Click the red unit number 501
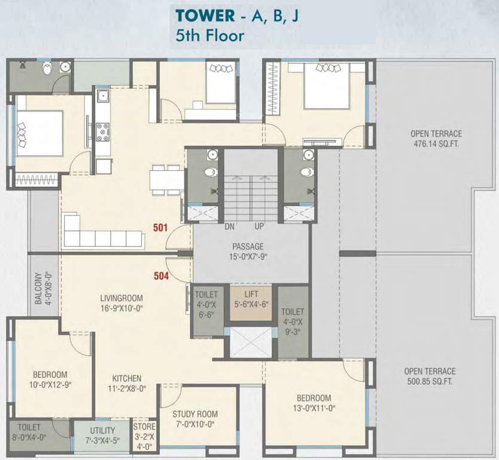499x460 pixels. point(160,228)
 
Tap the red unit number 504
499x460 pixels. point(162,276)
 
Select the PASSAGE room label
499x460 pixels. point(248,247)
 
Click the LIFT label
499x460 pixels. point(251,294)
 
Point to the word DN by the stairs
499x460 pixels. point(229,226)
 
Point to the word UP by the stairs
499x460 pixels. point(259,226)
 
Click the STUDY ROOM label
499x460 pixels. point(195,414)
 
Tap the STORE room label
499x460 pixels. point(144,426)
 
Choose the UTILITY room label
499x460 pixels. point(102,431)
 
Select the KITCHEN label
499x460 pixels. point(127,379)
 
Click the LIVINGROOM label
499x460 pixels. point(121,298)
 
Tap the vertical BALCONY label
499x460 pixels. point(38,288)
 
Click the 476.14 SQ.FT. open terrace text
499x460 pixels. point(436,144)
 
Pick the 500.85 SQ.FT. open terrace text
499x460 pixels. point(430,382)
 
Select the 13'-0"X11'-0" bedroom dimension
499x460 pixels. point(315,408)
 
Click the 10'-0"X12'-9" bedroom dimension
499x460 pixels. point(50,385)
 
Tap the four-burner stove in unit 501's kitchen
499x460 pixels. point(103,132)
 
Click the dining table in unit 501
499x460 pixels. point(166,180)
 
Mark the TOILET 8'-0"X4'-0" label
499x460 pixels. point(29,432)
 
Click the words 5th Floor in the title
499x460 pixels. point(210,35)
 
